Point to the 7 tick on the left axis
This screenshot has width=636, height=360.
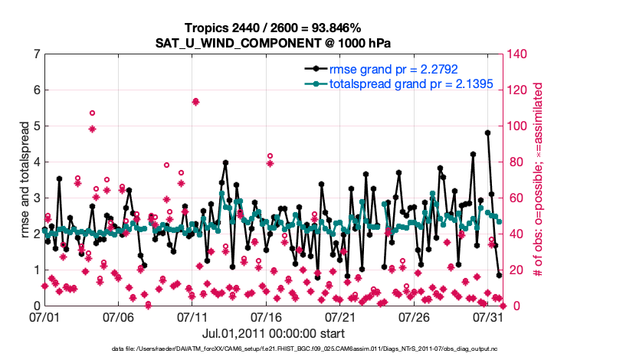pos(36,54)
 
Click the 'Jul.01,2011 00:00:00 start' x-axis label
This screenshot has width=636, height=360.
pos(274,333)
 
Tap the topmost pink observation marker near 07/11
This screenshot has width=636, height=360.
pos(196,102)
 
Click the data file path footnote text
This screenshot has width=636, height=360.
pos(274,349)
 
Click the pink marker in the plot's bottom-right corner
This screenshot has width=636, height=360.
pos(503,305)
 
